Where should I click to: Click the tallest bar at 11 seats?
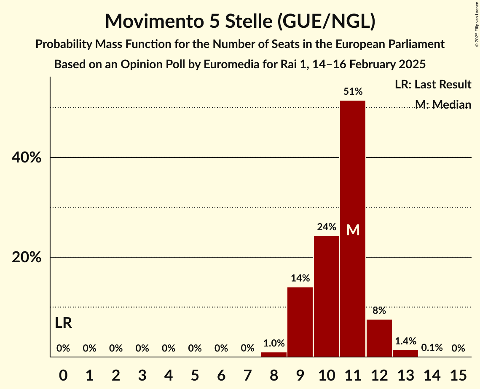pyautogui.click(x=353, y=189)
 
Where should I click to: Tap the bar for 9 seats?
pyautogui.click(x=300, y=322)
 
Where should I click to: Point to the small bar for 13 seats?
pyautogui.click(x=405, y=354)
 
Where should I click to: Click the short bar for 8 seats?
pyautogui.click(x=274, y=354)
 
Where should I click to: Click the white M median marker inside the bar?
pyautogui.click(x=353, y=230)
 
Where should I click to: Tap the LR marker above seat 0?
pyautogui.click(x=63, y=323)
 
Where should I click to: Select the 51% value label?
pyautogui.click(x=353, y=91)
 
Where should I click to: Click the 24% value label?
pyautogui.click(x=327, y=227)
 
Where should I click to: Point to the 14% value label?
pyautogui.click(x=300, y=278)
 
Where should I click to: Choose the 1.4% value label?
pyautogui.click(x=405, y=341)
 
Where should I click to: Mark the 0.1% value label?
pyautogui.click(x=432, y=348)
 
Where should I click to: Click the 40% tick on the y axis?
pyautogui.click(x=26, y=157)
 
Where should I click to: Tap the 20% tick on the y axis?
pyautogui.click(x=26, y=257)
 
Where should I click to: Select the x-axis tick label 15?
pyautogui.click(x=458, y=374)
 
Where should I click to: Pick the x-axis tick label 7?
pyautogui.click(x=247, y=374)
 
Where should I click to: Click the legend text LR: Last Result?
pyautogui.click(x=433, y=85)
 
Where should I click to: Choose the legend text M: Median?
pyautogui.click(x=443, y=104)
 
